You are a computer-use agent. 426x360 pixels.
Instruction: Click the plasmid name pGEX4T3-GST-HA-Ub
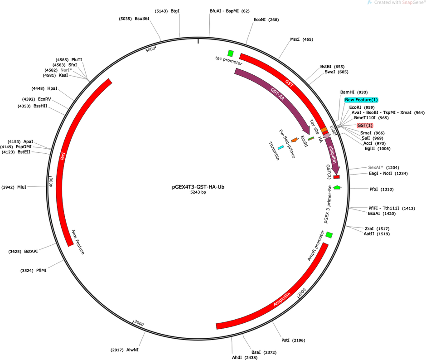[198, 187]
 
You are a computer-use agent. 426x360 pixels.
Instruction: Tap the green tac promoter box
[231, 53]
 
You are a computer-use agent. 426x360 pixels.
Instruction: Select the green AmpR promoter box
[329, 235]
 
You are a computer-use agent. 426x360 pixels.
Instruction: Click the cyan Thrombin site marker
[281, 147]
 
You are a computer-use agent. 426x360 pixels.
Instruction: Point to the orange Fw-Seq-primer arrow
[294, 140]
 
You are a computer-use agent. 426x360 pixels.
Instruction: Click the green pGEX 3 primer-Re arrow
[337, 187]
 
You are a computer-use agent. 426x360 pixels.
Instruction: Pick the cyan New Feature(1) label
[361, 100]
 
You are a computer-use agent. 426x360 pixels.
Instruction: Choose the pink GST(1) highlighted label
[365, 125]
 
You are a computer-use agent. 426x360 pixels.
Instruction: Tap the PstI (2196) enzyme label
[293, 340]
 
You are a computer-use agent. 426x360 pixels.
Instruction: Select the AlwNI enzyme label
[132, 350]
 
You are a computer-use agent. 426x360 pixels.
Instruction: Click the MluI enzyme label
[22, 187]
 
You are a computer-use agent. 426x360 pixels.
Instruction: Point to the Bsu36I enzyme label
[142, 19]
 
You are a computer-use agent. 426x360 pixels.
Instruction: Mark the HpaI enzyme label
[52, 88]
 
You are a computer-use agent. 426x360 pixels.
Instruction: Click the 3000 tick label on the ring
[139, 323]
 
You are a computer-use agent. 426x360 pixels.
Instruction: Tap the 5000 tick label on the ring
[150, 49]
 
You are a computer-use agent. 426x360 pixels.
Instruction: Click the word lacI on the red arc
[63, 156]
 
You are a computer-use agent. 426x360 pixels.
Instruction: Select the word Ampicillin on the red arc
[282, 299]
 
